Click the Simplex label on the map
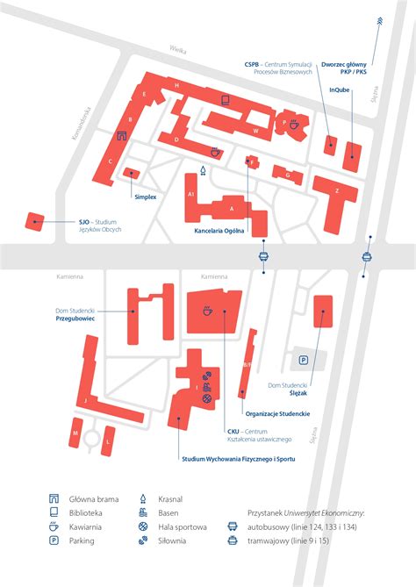coord(145,197)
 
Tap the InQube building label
coord(342,89)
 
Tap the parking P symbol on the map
coord(304,360)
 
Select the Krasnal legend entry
coord(170,498)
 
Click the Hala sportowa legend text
coord(183,526)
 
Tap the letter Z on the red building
coord(337,190)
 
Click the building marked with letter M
coord(75,433)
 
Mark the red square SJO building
coord(35,220)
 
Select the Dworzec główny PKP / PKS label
coord(344,68)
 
